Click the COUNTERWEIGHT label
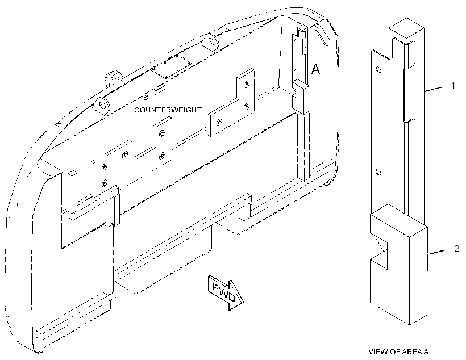click(x=168, y=110)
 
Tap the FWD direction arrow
click(x=226, y=292)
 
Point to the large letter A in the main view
click(x=315, y=69)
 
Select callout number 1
click(x=453, y=86)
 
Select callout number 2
click(x=457, y=248)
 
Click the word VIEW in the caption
click(x=377, y=352)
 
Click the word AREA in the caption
click(x=411, y=352)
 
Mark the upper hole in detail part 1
click(x=378, y=70)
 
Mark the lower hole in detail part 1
click(x=378, y=172)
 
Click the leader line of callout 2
click(x=436, y=252)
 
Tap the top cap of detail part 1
click(x=406, y=29)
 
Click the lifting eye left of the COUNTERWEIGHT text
click(x=102, y=106)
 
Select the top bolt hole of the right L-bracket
click(x=247, y=85)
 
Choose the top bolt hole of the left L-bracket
click(x=161, y=133)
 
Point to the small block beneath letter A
click(x=300, y=96)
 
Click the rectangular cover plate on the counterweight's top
click(x=172, y=66)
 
